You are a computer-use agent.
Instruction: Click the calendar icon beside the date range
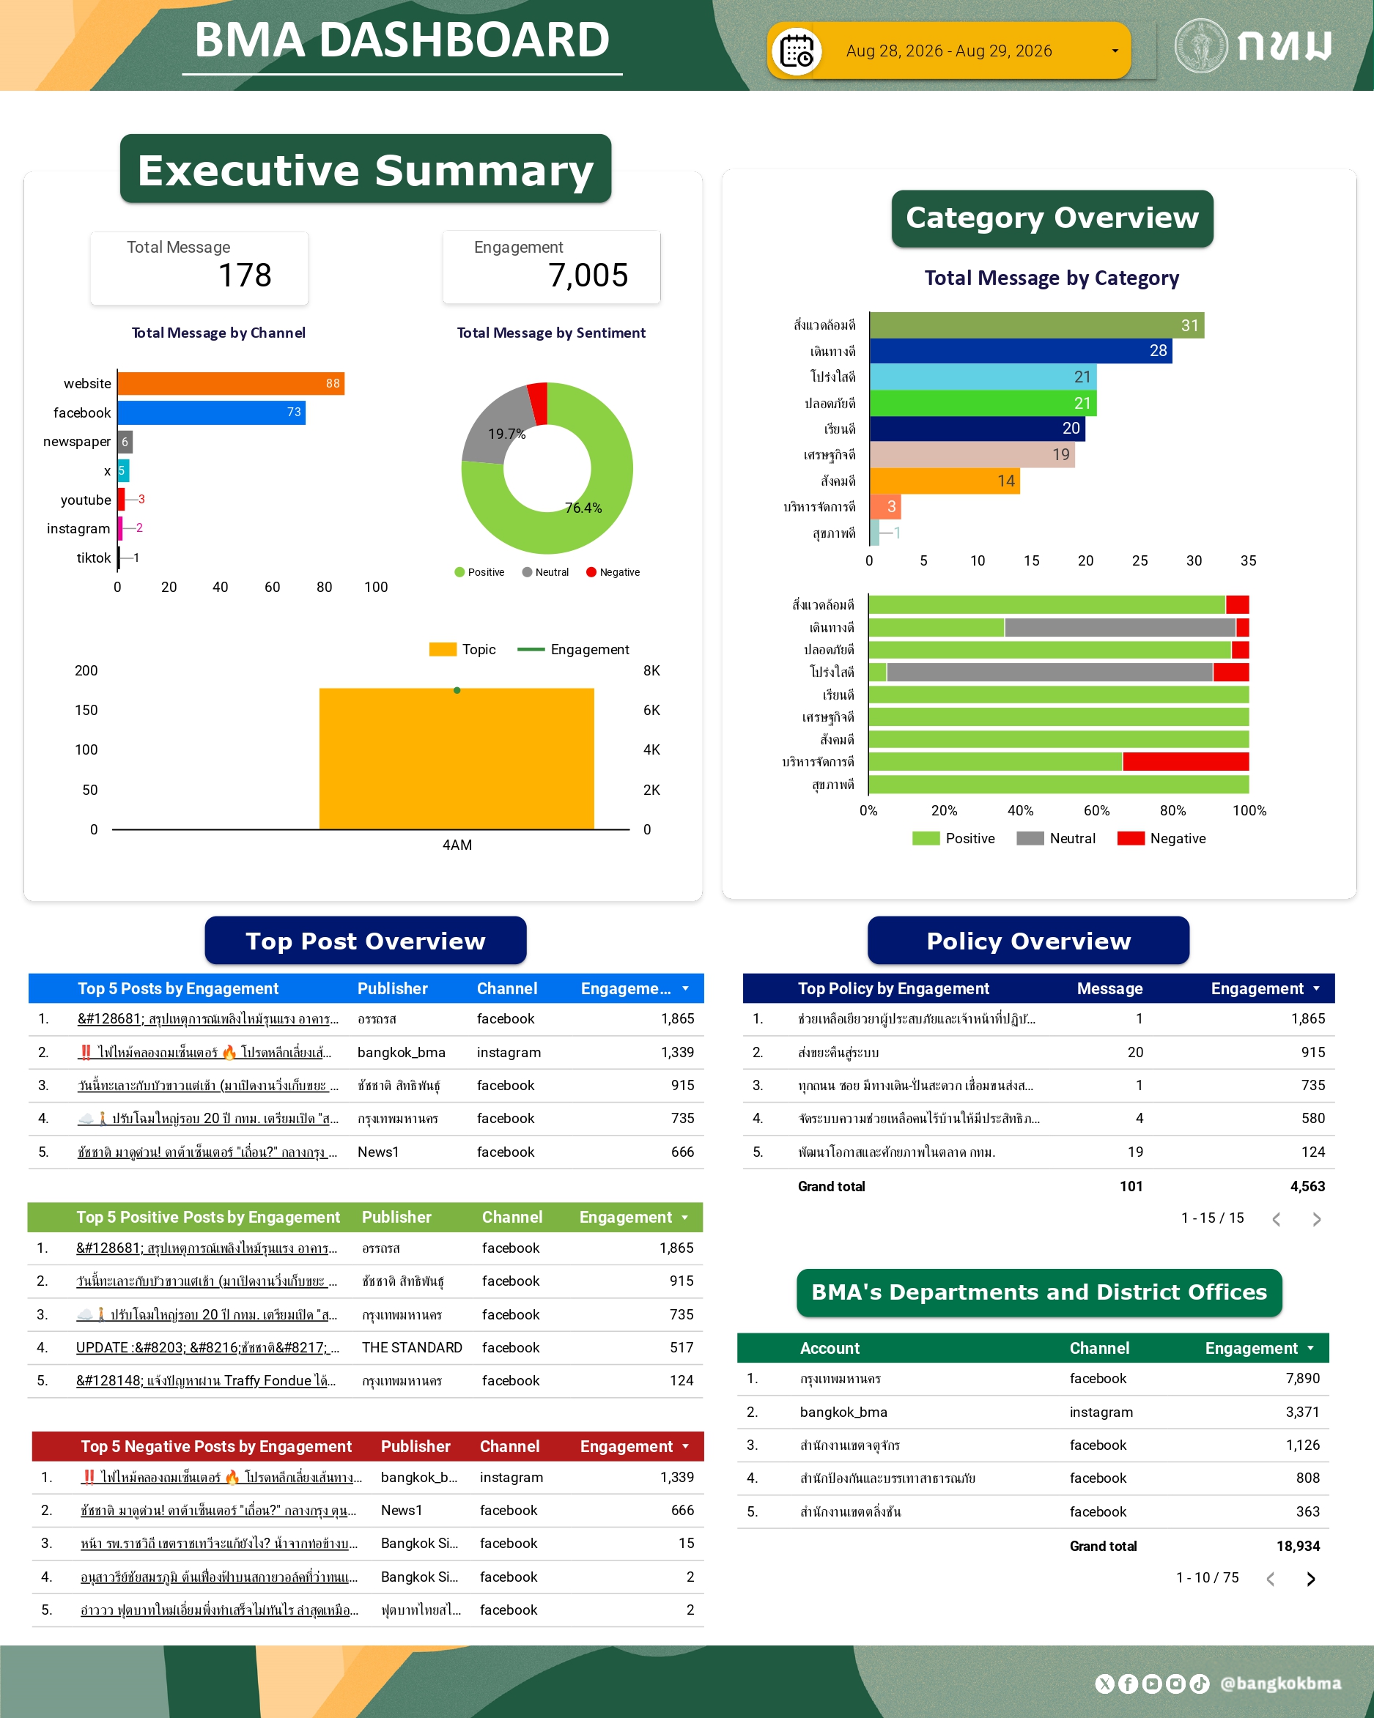pos(797,51)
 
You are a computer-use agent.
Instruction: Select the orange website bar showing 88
pos(231,383)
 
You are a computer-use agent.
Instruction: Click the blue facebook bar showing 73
pos(212,412)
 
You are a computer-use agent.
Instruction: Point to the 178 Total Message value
pos(245,275)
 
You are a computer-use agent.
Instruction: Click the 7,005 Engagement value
pos(588,275)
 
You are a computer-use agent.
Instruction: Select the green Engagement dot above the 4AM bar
pos(457,690)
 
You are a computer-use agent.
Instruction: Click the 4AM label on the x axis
pos(457,845)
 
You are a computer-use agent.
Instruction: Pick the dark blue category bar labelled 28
pos(1020,351)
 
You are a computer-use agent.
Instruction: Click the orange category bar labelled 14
pos(945,481)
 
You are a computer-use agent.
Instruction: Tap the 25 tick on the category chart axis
pos(1140,561)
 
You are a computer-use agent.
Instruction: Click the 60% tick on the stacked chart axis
pos(1097,810)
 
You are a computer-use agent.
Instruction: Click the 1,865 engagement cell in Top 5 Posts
pos(677,1018)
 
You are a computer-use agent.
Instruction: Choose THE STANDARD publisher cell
pos(412,1347)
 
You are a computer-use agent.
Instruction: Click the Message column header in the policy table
pos(1109,989)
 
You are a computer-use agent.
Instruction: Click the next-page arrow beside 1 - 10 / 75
pos(1311,1579)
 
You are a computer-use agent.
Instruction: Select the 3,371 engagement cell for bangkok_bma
pos(1302,1412)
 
